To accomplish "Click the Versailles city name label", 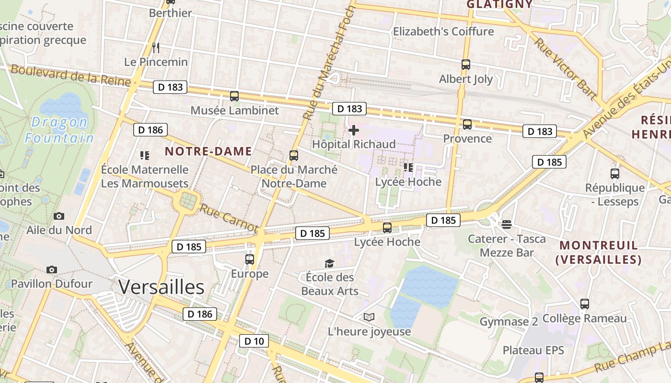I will click(162, 287).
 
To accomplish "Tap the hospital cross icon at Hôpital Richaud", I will click(354, 130).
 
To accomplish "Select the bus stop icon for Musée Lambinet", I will click(234, 96).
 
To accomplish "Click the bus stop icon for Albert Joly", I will click(466, 64).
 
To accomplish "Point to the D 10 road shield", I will click(254, 341).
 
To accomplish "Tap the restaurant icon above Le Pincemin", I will click(155, 47).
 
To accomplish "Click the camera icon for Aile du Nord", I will click(59, 216).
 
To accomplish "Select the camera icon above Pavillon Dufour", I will click(52, 270).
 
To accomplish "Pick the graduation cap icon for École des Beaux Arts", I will click(329, 263).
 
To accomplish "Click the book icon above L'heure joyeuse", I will click(369, 317).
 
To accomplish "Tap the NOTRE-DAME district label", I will click(208, 152).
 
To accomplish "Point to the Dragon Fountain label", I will click(59, 130).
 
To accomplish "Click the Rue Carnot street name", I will click(229, 219).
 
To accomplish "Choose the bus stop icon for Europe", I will click(250, 259).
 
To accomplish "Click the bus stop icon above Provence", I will click(467, 124).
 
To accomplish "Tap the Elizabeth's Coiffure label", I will click(443, 32).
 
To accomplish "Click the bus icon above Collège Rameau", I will click(585, 304).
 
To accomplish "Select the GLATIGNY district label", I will click(499, 4).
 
